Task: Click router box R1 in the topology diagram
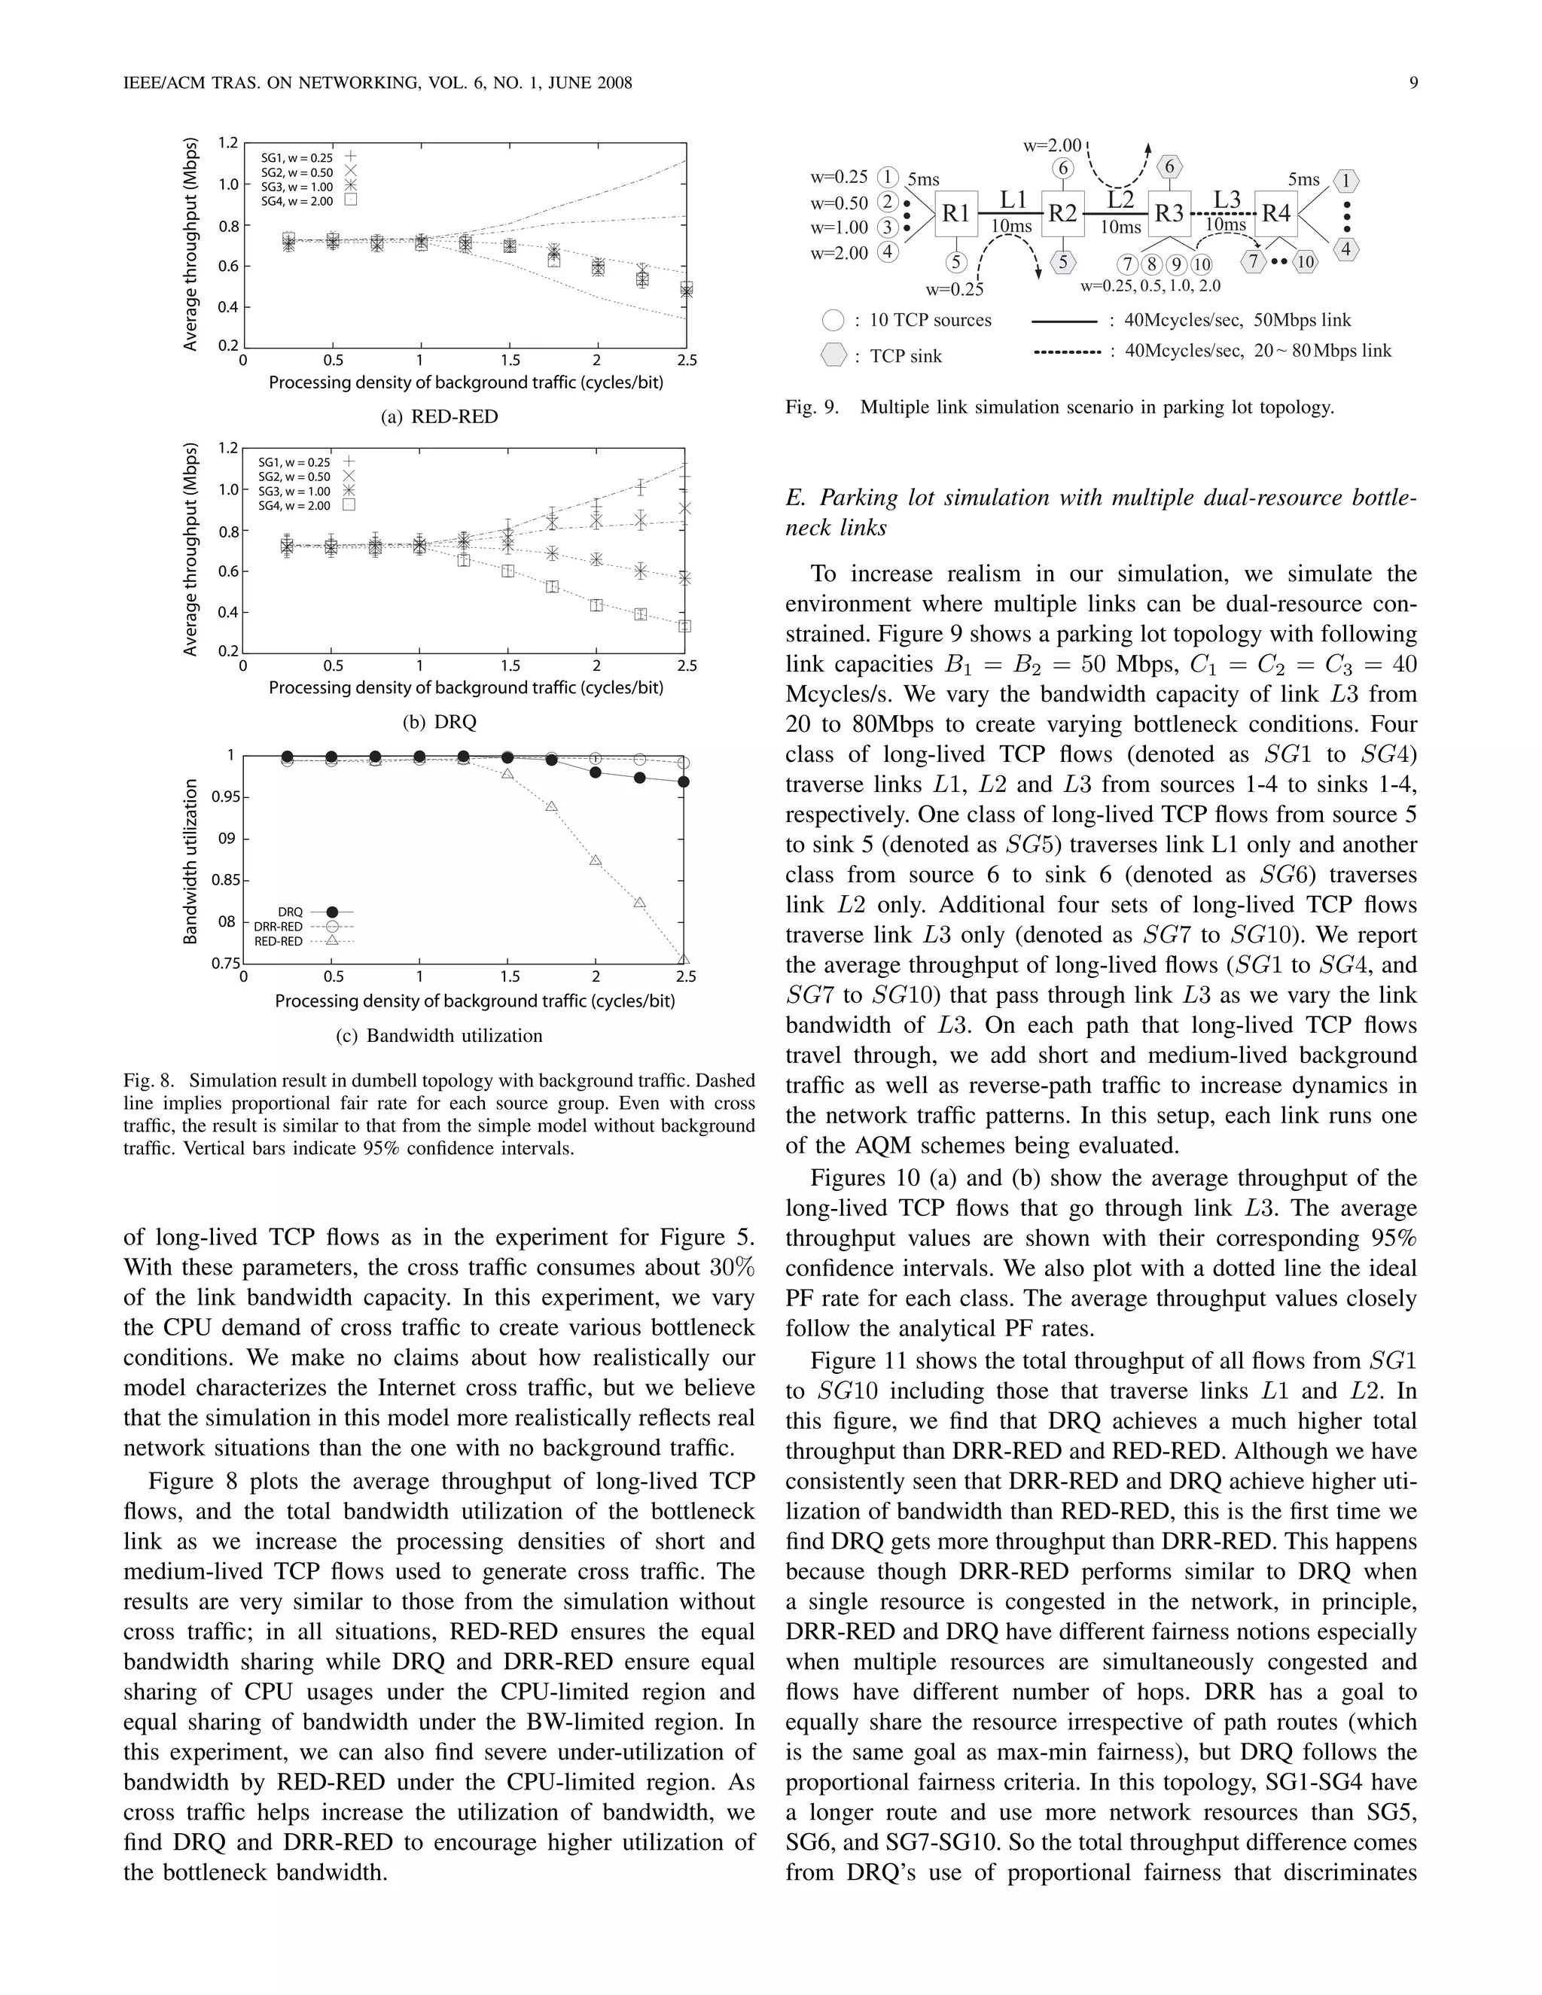point(955,214)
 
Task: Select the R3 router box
point(1169,214)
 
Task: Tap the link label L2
point(1120,200)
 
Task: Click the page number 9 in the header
point(1413,83)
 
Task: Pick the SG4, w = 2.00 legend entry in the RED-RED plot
point(297,201)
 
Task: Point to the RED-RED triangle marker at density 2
point(596,860)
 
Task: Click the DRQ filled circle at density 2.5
point(684,782)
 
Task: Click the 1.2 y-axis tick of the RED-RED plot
point(227,142)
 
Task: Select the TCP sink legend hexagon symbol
point(833,355)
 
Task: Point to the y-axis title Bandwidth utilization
point(191,860)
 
